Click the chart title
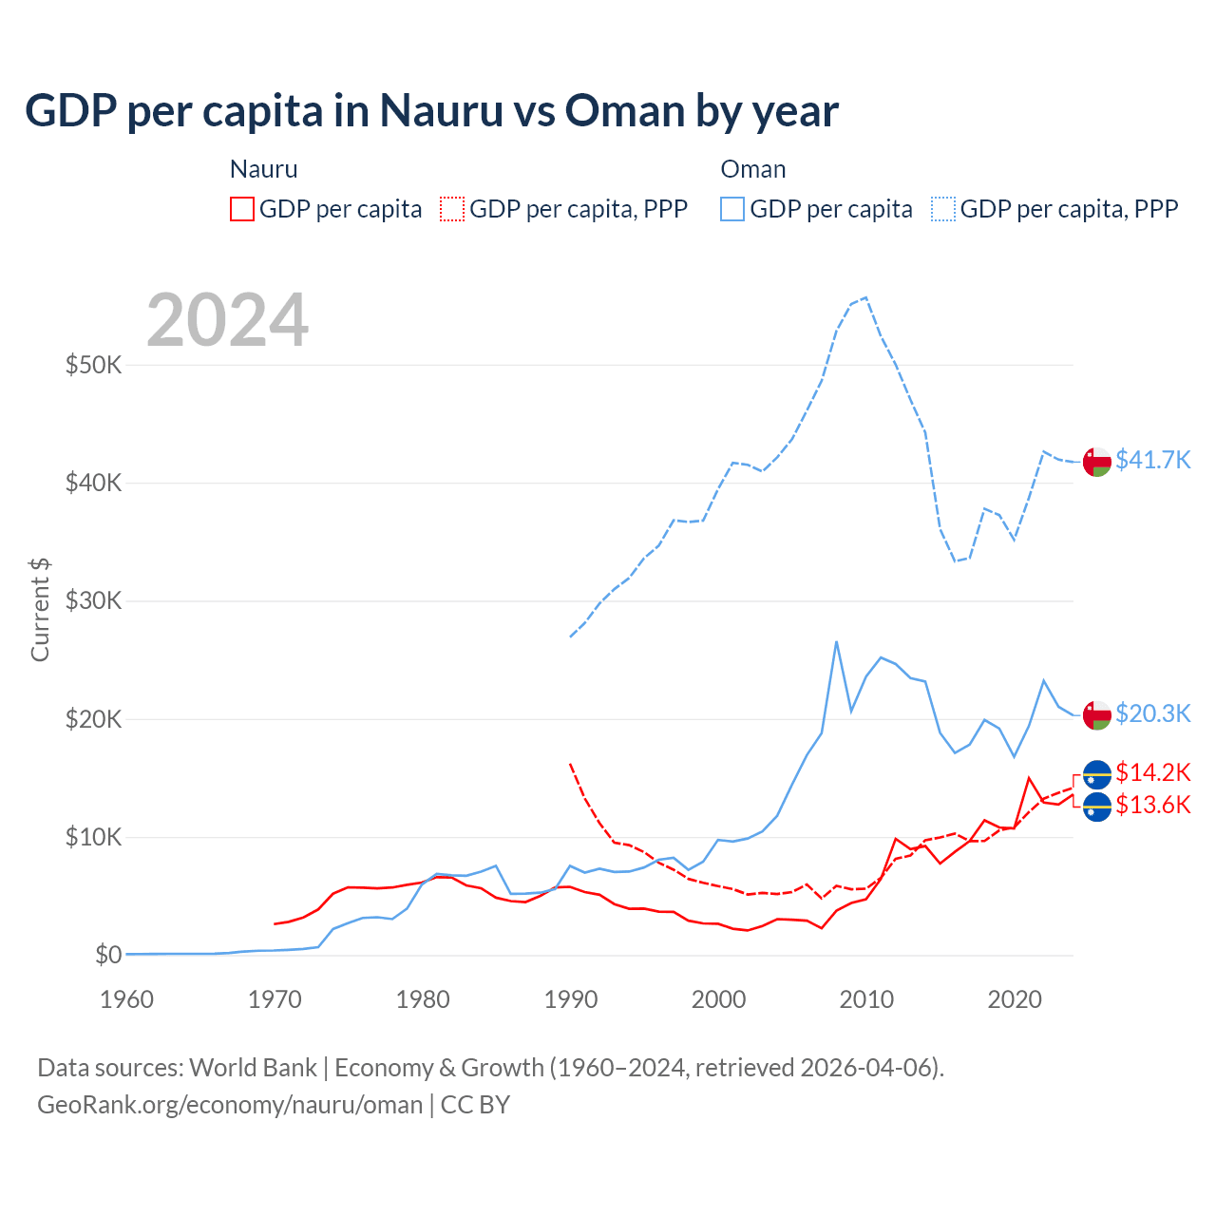point(431,111)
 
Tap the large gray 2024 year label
point(227,320)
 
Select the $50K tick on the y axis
point(93,365)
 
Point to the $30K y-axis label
point(93,601)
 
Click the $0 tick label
point(107,955)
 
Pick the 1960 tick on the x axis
point(126,999)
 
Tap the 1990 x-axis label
point(571,999)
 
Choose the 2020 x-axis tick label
point(1015,999)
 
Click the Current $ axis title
point(40,609)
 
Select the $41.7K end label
point(1152,460)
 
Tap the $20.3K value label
point(1152,713)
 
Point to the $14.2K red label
point(1152,772)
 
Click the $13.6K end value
point(1152,806)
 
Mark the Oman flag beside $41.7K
point(1097,461)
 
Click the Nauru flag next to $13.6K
point(1097,807)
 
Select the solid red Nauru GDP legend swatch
point(242,209)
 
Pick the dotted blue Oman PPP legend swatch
point(943,209)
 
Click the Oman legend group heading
point(753,169)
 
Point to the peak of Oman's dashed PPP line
point(865,297)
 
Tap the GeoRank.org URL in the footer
point(230,1105)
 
